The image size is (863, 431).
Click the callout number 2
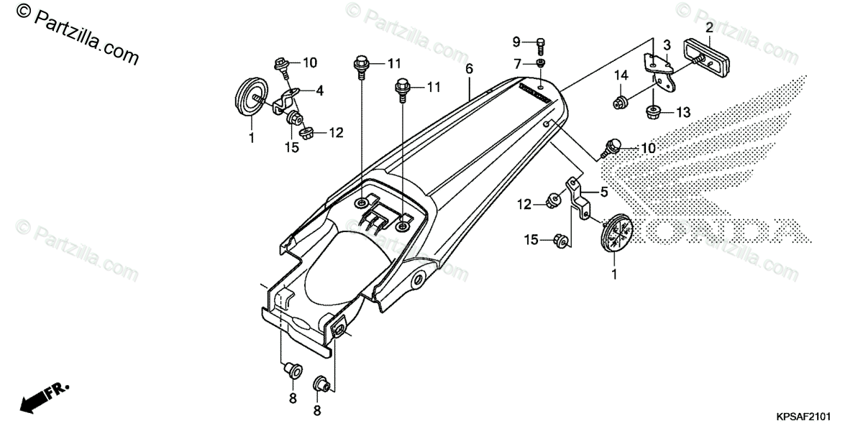point(709,28)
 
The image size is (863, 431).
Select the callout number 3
point(667,45)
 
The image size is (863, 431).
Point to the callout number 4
point(320,91)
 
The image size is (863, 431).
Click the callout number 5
point(605,192)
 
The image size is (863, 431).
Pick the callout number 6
point(469,69)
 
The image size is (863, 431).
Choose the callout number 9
point(516,40)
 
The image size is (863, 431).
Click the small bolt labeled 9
point(541,45)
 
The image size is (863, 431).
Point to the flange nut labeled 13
point(654,111)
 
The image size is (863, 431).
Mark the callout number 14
point(621,75)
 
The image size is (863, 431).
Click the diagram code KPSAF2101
point(803,416)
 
